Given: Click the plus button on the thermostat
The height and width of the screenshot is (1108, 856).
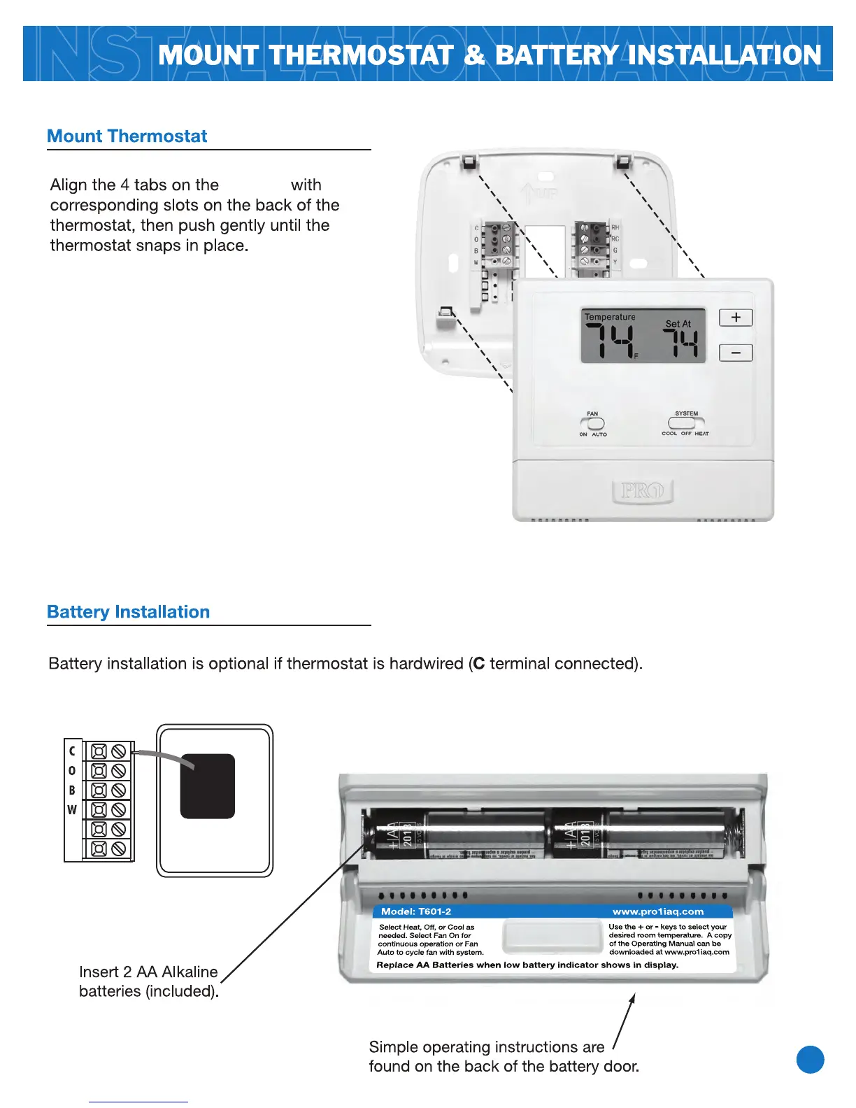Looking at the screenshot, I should [x=736, y=318].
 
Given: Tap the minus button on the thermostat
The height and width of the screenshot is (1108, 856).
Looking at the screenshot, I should [x=736, y=353].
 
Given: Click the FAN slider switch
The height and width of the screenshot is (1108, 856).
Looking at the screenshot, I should [x=592, y=423].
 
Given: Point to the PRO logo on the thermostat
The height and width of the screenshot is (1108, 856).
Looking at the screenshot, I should [x=643, y=491].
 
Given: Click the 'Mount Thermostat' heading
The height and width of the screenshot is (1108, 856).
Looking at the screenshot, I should [x=127, y=136].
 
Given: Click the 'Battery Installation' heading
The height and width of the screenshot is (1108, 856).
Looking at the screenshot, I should [x=128, y=612].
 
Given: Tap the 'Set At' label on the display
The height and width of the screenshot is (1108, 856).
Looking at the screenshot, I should [x=678, y=324].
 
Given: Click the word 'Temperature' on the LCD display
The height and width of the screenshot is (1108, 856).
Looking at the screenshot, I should [x=610, y=317].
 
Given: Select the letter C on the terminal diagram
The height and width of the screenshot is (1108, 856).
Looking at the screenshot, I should [x=72, y=751].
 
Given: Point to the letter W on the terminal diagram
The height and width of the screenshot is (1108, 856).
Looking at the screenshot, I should [x=72, y=810].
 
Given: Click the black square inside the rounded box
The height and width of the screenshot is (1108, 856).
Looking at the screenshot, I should [x=208, y=786].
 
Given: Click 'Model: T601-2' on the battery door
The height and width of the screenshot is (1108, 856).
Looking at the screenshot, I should [x=416, y=911].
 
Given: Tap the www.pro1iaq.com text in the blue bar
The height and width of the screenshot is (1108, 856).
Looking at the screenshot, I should [x=658, y=911].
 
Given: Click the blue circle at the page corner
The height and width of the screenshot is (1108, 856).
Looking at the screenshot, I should [x=810, y=1060].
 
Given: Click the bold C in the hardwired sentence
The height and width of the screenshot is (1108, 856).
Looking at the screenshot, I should [x=478, y=664].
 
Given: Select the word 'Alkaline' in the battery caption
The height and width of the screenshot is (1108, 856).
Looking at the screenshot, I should [x=189, y=972].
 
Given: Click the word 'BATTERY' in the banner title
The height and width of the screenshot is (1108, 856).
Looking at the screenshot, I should [x=556, y=55].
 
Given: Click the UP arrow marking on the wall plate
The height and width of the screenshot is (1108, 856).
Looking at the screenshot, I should [x=529, y=191].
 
